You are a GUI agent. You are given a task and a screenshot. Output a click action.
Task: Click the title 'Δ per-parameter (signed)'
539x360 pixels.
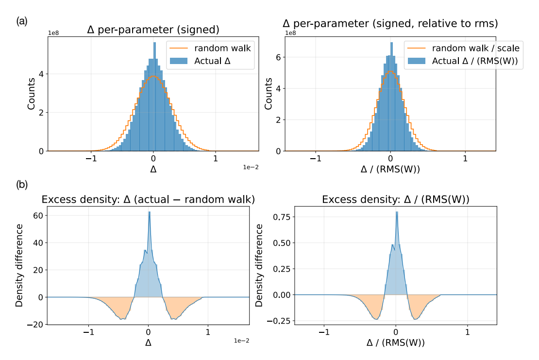coord(153,30)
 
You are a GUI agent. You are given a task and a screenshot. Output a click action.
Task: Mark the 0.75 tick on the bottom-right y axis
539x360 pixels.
coord(282,217)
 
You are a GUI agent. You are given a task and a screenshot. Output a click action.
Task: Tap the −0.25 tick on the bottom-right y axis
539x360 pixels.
coord(280,321)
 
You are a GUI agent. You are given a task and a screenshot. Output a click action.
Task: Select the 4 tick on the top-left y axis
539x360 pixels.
coord(43,74)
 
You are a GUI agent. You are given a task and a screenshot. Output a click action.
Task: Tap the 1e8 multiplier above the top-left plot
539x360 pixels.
coord(55,33)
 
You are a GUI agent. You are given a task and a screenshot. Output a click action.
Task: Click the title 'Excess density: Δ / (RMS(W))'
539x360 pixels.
coord(395,199)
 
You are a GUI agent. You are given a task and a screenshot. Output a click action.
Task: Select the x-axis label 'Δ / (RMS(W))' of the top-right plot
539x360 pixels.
coord(390,171)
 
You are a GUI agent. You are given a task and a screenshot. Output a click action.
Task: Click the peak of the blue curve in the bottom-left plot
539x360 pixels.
coord(150,212)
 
